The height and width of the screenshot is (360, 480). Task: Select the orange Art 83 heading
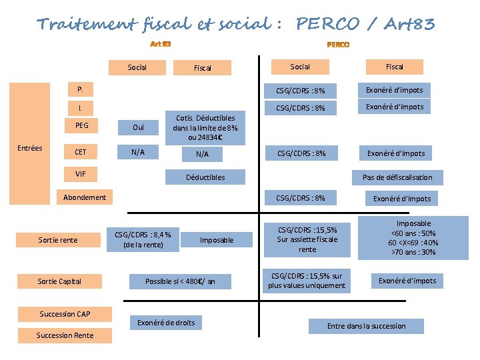coord(161,45)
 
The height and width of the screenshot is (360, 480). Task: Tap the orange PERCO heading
coord(338,45)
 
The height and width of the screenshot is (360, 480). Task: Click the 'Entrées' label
coord(29,148)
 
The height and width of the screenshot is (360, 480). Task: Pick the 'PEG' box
coord(81,125)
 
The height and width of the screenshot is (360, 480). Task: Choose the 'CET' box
coord(81,152)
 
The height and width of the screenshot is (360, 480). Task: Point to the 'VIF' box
coord(81,174)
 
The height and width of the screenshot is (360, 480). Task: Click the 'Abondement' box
coord(85,197)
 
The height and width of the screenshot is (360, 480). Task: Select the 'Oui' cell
coord(138,127)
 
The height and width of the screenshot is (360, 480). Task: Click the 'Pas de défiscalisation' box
coord(397,177)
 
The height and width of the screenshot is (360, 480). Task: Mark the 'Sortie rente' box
coord(58,239)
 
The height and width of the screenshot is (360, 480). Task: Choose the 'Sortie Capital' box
coord(59,281)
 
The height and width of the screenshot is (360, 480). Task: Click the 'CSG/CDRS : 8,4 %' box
coord(143,239)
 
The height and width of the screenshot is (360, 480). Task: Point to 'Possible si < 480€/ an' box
coord(180,281)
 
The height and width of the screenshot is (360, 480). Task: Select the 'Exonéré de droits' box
coord(166,323)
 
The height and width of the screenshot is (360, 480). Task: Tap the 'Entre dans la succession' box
coord(366,326)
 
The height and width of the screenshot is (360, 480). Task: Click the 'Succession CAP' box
coord(65,314)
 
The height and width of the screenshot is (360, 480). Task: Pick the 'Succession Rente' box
coord(65,335)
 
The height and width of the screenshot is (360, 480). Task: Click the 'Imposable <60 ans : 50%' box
coord(413,238)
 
